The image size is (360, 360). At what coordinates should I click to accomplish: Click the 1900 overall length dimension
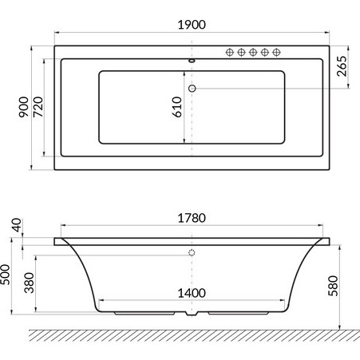click(192, 24)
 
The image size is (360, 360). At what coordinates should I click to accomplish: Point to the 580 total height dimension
click(346, 283)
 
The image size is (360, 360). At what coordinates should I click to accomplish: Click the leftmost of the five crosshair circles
click(231, 53)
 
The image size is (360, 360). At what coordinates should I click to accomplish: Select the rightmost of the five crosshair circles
click(277, 53)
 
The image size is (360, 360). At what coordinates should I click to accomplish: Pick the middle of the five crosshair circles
click(254, 53)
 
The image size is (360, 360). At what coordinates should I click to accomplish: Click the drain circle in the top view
click(192, 88)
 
